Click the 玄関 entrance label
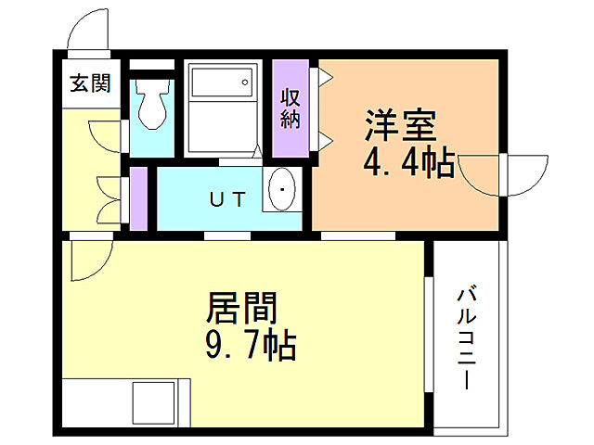[90, 83]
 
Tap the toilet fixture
[151, 104]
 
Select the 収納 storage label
[291, 108]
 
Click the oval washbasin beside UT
[279, 192]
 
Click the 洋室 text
[400, 126]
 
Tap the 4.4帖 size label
[408, 164]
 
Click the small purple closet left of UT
[139, 198]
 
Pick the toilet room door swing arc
[108, 134]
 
